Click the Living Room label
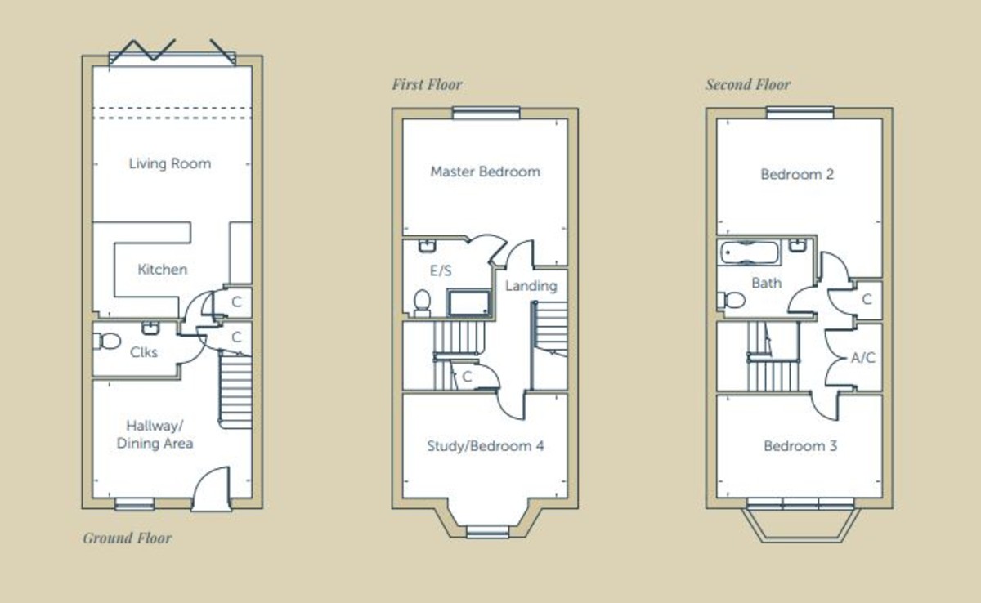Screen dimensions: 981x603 pyautogui.click(x=170, y=163)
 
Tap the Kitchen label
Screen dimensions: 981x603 pyautogui.click(x=163, y=269)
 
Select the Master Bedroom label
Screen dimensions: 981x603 pyautogui.click(x=486, y=172)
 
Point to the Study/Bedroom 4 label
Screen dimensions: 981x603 pyautogui.click(x=486, y=446)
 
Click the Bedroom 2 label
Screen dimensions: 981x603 pyautogui.click(x=797, y=174)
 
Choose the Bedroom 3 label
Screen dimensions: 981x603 pyautogui.click(x=800, y=446)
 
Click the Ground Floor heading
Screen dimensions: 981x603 pyautogui.click(x=128, y=538)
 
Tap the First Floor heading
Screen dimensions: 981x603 pyautogui.click(x=427, y=84)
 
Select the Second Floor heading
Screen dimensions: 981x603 pyautogui.click(x=748, y=84)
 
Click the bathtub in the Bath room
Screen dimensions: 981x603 pyautogui.click(x=749, y=252)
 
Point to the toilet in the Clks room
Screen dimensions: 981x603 pyautogui.click(x=106, y=341)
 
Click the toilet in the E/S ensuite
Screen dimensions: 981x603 pyautogui.click(x=422, y=302)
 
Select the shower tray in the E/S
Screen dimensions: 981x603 pyautogui.click(x=468, y=302)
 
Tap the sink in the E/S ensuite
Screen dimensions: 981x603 pyautogui.click(x=427, y=245)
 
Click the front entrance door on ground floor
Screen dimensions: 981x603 pyautogui.click(x=212, y=488)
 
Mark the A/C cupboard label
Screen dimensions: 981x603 pyautogui.click(x=862, y=358)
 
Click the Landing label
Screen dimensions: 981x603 pyautogui.click(x=531, y=286)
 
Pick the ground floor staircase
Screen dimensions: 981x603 pyautogui.click(x=235, y=391)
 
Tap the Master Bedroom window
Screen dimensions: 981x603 pyautogui.click(x=486, y=113)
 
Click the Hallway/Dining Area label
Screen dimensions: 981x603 pyautogui.click(x=155, y=435)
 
